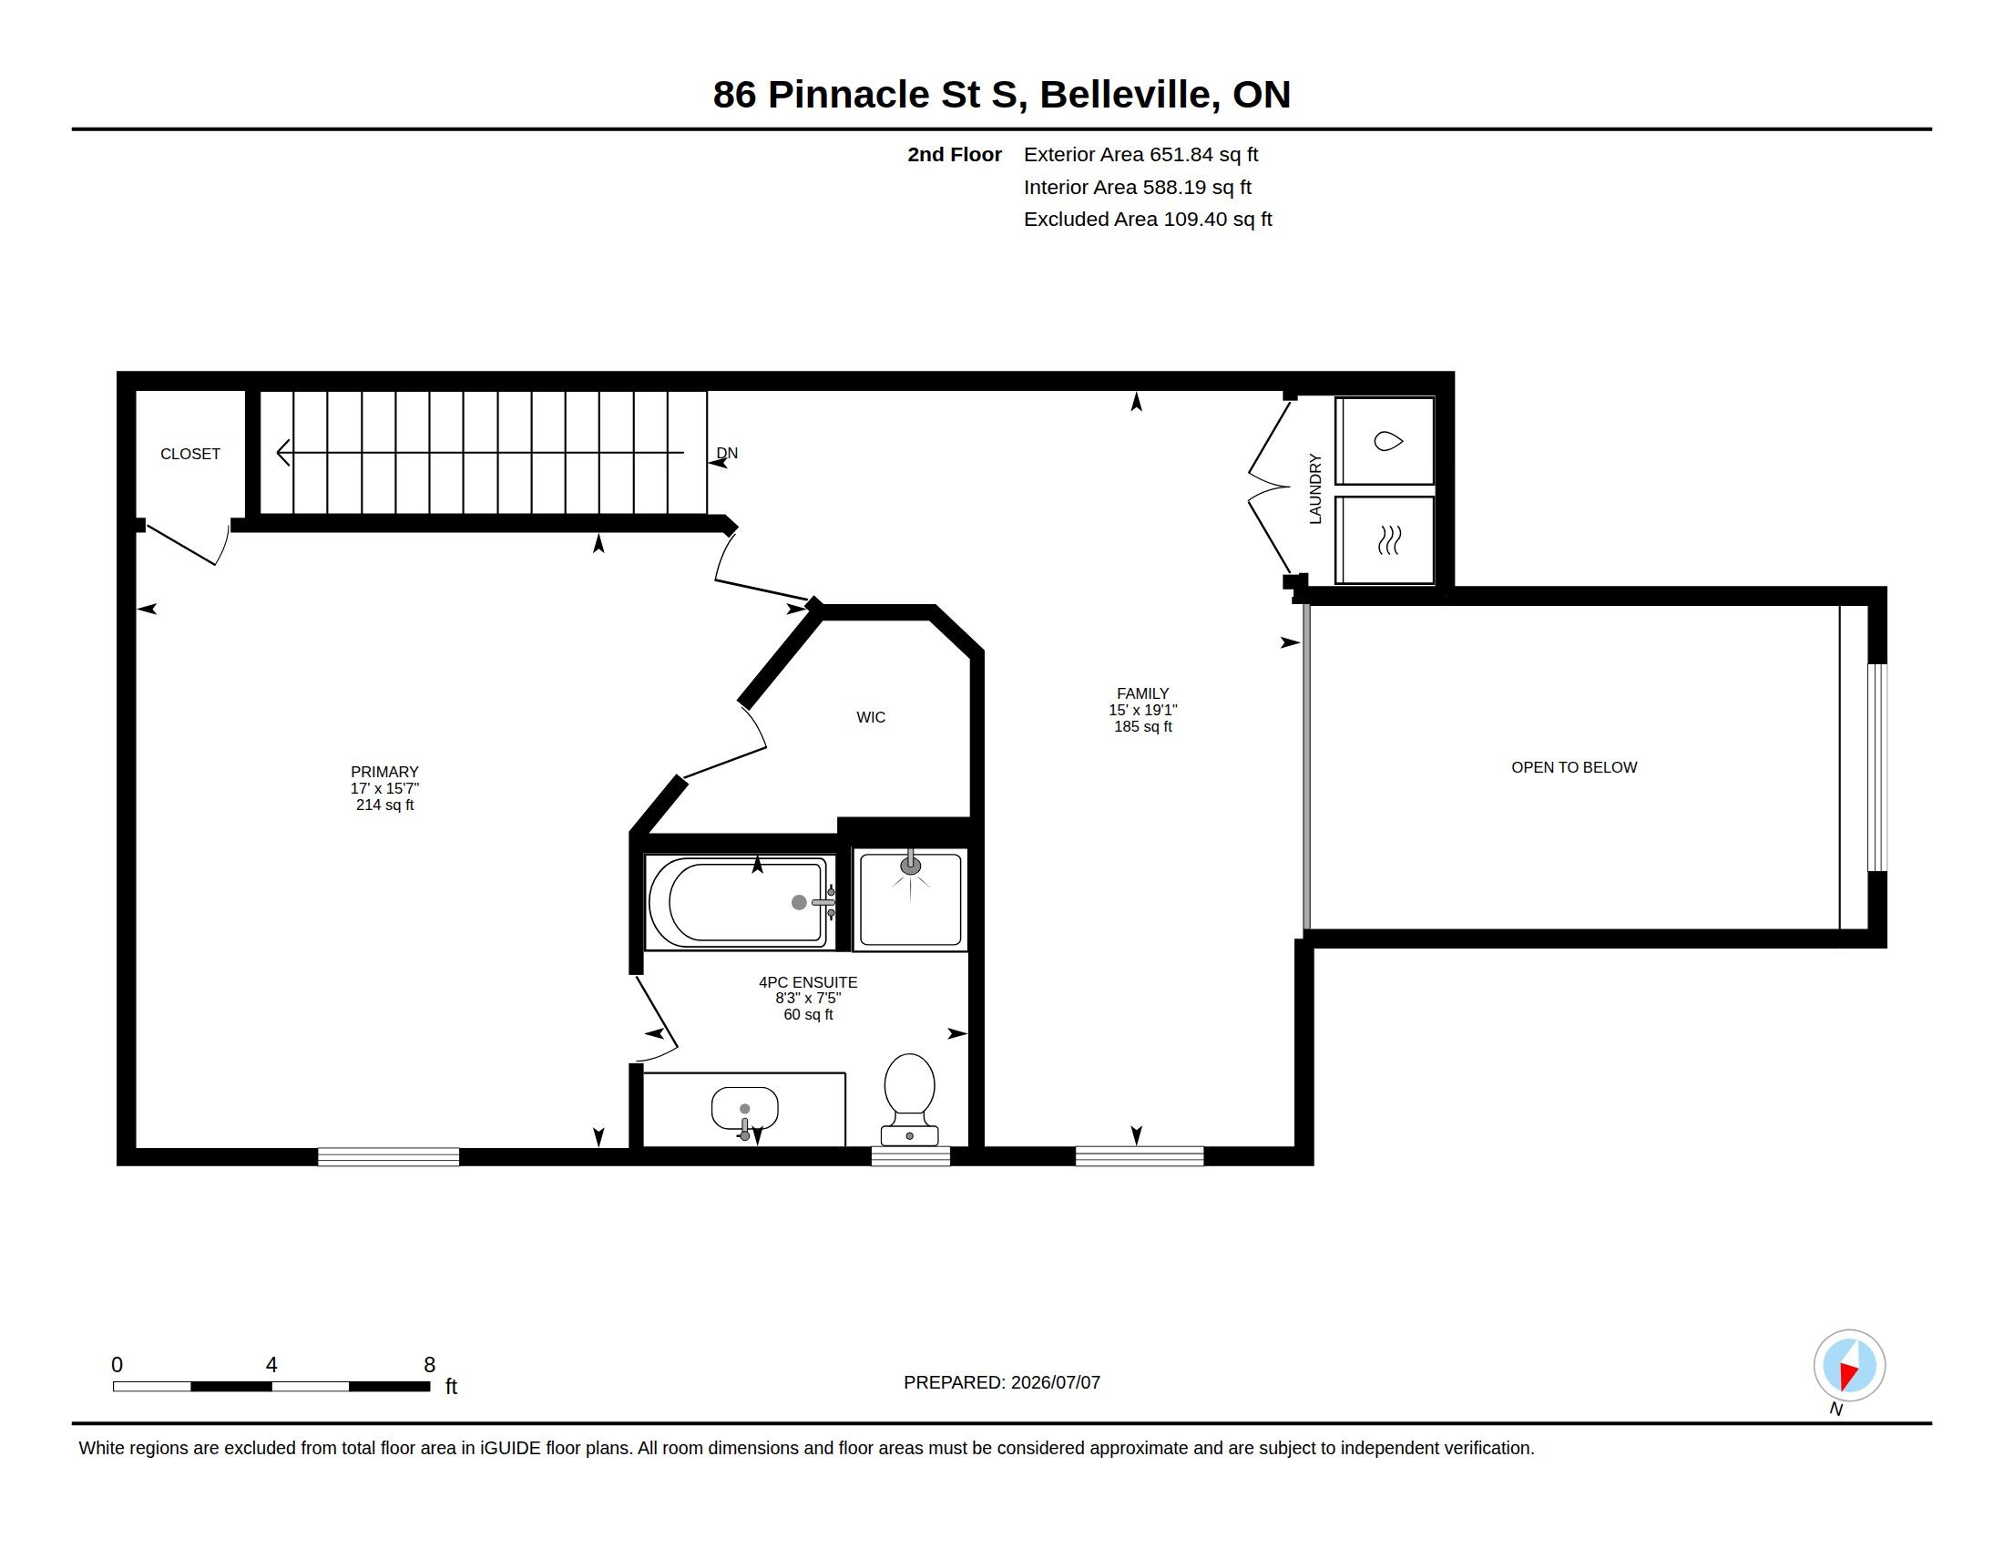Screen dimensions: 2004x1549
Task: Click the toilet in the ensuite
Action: pyautogui.click(x=909, y=1100)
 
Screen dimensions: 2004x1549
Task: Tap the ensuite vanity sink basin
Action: pyautogui.click(x=744, y=1110)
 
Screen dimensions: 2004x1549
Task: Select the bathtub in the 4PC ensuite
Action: pyautogui.click(x=739, y=902)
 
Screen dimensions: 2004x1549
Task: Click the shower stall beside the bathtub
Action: pyautogui.click(x=910, y=899)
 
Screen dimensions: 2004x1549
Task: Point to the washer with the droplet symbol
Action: pyautogui.click(x=1385, y=440)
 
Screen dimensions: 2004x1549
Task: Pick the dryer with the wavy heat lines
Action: pyautogui.click(x=1385, y=539)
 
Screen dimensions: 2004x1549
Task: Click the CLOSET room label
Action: pyautogui.click(x=190, y=455)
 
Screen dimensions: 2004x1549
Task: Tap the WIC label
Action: pyautogui.click(x=871, y=718)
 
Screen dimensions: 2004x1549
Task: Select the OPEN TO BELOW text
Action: pyautogui.click(x=1574, y=767)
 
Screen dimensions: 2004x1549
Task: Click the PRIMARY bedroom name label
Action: pyautogui.click(x=384, y=772)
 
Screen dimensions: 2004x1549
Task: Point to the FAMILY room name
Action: pyautogui.click(x=1142, y=693)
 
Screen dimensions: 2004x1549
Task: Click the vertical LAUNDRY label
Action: pyautogui.click(x=1314, y=489)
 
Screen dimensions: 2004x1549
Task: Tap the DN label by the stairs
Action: pyautogui.click(x=727, y=454)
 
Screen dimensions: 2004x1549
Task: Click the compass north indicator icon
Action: pyautogui.click(x=1849, y=1367)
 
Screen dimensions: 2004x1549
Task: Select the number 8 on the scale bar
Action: pyautogui.click(x=429, y=1365)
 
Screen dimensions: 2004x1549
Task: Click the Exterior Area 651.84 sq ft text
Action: pyautogui.click(x=1140, y=155)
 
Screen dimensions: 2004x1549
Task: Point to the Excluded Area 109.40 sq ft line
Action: pyautogui.click(x=1148, y=220)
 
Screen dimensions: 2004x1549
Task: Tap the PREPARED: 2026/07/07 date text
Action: pyautogui.click(x=1002, y=1382)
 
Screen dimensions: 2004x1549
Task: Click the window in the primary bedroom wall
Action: pyautogui.click(x=388, y=1156)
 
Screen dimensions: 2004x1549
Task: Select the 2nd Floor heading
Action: pyautogui.click(x=955, y=155)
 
